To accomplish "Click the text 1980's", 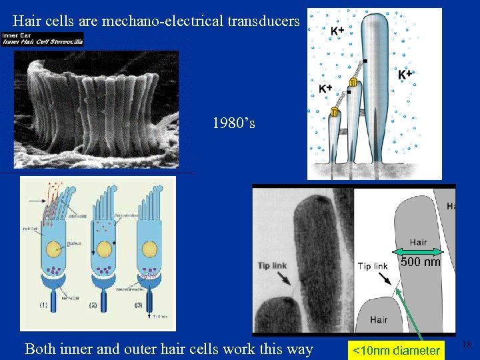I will [233, 123].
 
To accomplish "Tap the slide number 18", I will [467, 345].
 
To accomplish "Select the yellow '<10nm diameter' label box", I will [396, 350].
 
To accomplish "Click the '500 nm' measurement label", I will [421, 262].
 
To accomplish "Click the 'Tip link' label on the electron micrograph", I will [272, 265].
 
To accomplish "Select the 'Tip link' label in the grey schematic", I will [372, 266].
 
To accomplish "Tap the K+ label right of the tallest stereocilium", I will [405, 75].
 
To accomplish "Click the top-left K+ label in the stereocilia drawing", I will [337, 31].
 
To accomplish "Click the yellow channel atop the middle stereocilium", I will [353, 82].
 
